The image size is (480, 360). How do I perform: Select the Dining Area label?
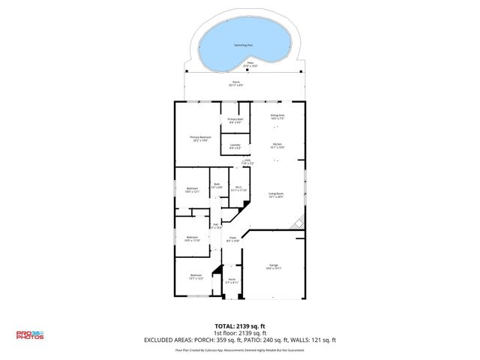[277, 116]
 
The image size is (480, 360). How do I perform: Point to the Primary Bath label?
[235, 120]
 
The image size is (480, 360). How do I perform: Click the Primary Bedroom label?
[200, 138]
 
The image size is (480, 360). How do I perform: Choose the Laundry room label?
[235, 146]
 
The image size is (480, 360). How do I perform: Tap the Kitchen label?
[277, 145]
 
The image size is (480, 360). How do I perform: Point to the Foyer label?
[233, 239]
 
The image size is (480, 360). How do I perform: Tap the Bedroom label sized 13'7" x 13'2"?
[196, 277]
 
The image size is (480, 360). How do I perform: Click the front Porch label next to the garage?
[232, 281]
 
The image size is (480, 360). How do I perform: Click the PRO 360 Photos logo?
[31, 335]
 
